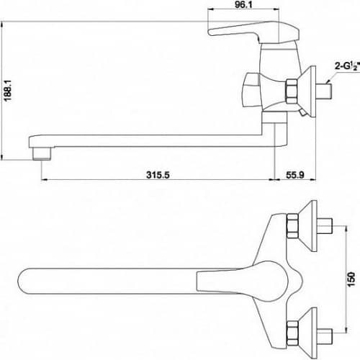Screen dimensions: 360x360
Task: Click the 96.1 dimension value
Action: tap(243, 4)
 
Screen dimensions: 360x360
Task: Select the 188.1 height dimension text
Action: tap(8, 91)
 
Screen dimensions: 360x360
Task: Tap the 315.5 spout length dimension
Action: tap(158, 175)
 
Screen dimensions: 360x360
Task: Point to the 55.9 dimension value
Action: tap(295, 175)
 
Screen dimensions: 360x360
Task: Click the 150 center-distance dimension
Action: tap(351, 279)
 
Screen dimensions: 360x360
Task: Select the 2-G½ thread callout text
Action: tap(347, 66)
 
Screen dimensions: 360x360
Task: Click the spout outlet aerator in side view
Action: tap(42, 153)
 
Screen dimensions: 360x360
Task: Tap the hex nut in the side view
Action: tap(292, 91)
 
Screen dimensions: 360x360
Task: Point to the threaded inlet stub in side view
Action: tap(325, 91)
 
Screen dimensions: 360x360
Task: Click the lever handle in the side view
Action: tap(254, 32)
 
